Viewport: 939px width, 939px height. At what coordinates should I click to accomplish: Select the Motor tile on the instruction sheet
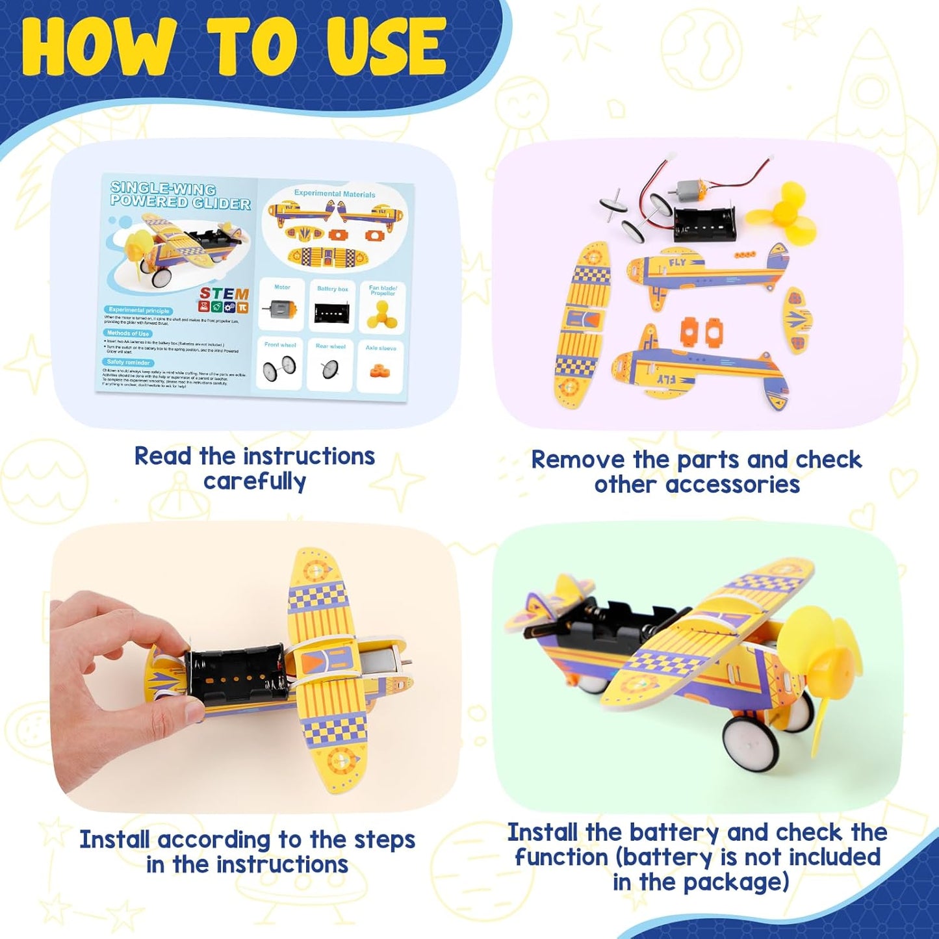281,305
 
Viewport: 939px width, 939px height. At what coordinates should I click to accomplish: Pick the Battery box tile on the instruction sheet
332,306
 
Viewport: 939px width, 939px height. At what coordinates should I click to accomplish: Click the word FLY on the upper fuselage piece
677,263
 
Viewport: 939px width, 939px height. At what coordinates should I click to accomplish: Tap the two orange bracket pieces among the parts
701,331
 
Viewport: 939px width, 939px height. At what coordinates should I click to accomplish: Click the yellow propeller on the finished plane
818,669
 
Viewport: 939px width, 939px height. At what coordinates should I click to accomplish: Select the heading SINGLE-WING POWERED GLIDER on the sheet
180,196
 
